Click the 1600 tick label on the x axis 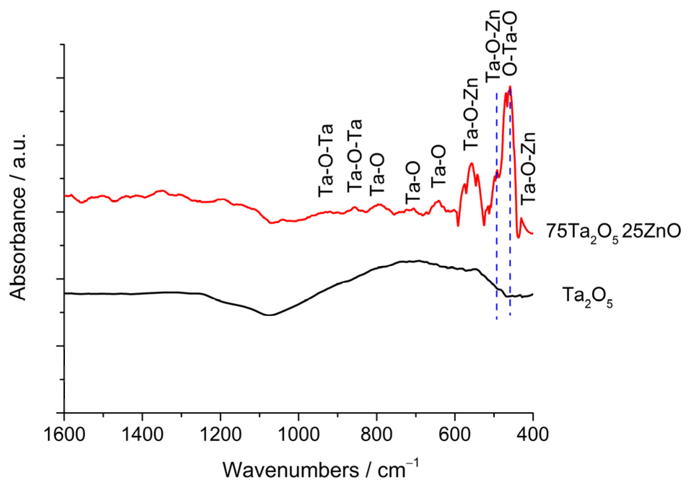click(x=64, y=434)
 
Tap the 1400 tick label click(x=142, y=434)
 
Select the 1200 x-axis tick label click(x=220, y=434)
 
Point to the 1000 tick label click(x=299, y=434)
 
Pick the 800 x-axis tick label click(x=377, y=434)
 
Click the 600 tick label click(x=455, y=434)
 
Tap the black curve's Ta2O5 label click(x=587, y=296)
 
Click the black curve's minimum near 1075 click(x=269, y=315)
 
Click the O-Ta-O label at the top click(x=510, y=43)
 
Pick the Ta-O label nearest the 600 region click(x=439, y=167)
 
